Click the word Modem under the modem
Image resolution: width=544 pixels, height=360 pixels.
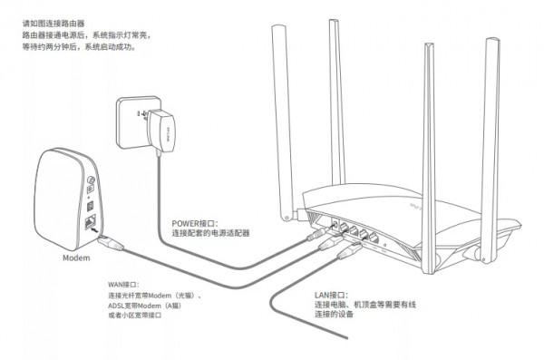[x=77, y=258]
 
